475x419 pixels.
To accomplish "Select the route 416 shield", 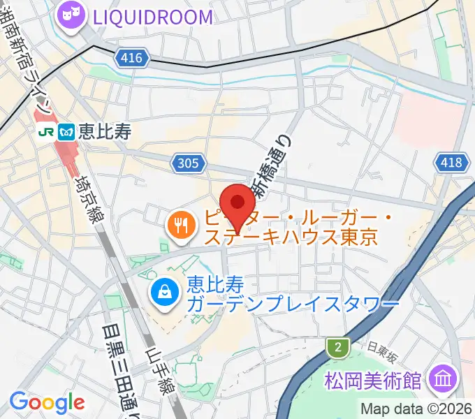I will tap(133, 59).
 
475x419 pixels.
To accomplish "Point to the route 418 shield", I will tap(451, 163).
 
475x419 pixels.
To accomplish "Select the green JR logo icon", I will tap(47, 131).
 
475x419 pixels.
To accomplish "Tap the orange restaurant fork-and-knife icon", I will tap(180, 225).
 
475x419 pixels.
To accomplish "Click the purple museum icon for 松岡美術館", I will tap(444, 380).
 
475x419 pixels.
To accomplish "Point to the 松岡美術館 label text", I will tap(374, 381).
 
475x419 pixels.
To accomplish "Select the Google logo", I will tap(46, 402).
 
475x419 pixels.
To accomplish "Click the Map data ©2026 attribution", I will tap(416, 409).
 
